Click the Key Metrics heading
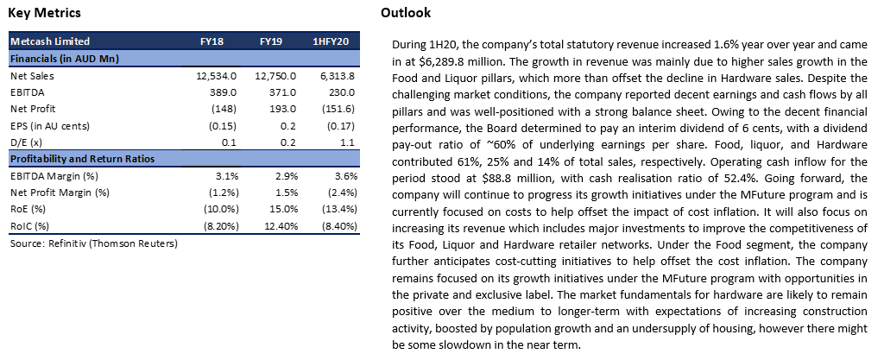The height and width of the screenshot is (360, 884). pos(45,13)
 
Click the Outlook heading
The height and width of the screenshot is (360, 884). pos(406,13)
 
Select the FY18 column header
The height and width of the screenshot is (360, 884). pos(212,41)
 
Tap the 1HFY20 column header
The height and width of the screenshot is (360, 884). pos(331,41)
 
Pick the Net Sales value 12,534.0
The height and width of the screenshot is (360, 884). pos(217,75)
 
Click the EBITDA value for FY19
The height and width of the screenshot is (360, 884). pos(282,92)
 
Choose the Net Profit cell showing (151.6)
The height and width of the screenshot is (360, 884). pos(339,109)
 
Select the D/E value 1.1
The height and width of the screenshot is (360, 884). pos(349,142)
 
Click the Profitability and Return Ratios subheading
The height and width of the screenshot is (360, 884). pos(82,159)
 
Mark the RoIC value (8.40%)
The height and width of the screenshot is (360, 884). pos(338,226)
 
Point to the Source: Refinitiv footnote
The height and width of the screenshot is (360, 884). pos(93,244)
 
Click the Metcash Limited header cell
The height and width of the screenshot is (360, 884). pos(50,41)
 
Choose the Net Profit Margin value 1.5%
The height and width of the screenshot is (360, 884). pos(286,193)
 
